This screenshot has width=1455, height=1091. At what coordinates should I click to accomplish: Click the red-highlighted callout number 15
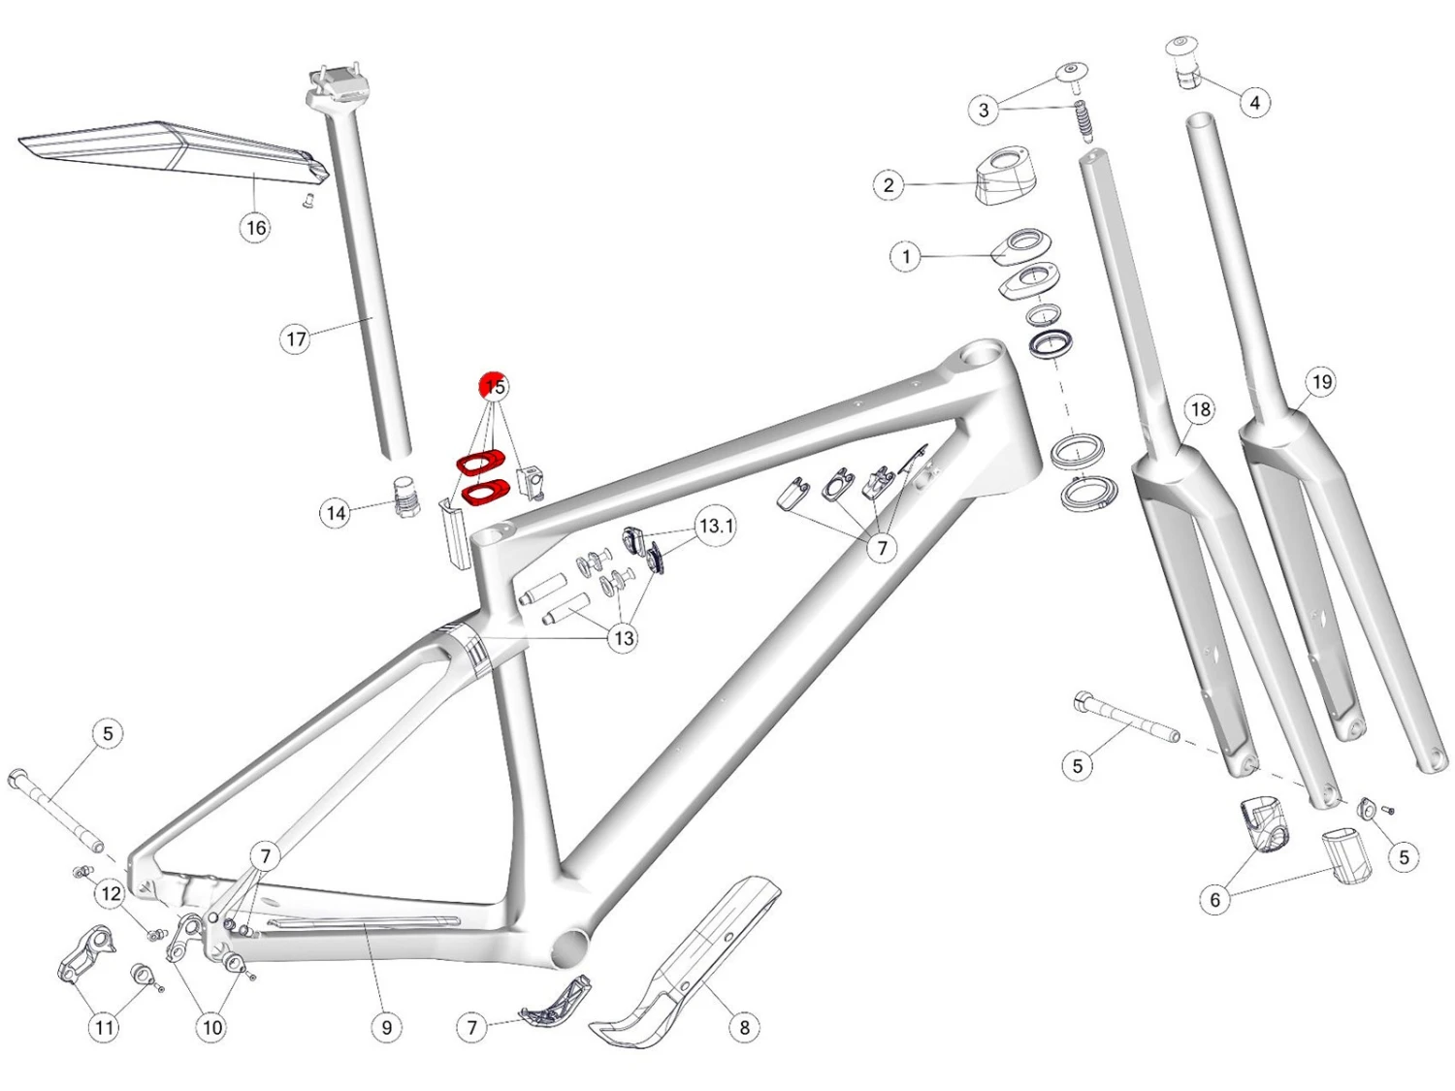pos(495,386)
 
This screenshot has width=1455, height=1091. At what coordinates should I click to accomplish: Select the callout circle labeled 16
pos(256,229)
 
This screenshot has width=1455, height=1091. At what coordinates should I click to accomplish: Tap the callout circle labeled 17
pos(296,339)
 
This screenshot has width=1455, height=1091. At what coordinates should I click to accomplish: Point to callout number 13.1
pos(717,527)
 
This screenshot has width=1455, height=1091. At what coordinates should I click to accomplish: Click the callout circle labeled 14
pos(336,513)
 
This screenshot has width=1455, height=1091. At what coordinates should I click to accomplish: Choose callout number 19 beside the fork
pos(1322,382)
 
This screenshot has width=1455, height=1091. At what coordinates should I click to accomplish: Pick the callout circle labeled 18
pos(1201,410)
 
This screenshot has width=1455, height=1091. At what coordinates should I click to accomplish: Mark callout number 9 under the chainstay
pos(387,1027)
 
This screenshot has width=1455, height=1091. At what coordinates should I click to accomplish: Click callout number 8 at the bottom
pos(744,1027)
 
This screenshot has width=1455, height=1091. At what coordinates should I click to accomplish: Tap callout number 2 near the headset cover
pos(889,185)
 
